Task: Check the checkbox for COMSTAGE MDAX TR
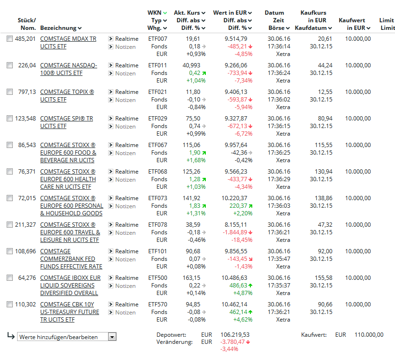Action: [10, 39]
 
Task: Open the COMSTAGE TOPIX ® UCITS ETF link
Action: [67, 96]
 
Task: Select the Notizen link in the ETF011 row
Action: [125, 73]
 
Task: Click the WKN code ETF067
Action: [158, 145]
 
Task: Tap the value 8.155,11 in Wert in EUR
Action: [236, 225]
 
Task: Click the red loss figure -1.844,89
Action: [235, 232]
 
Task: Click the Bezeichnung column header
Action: [61, 28]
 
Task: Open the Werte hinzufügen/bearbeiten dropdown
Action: [67, 337]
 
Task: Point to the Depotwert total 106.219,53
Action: [235, 335]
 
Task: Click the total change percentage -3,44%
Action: [229, 349]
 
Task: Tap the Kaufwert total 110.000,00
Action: [369, 335]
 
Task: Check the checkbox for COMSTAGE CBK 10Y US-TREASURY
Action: [10, 305]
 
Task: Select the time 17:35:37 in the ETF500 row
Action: [279, 286]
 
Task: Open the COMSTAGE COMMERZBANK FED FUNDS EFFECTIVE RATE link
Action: [71, 259]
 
